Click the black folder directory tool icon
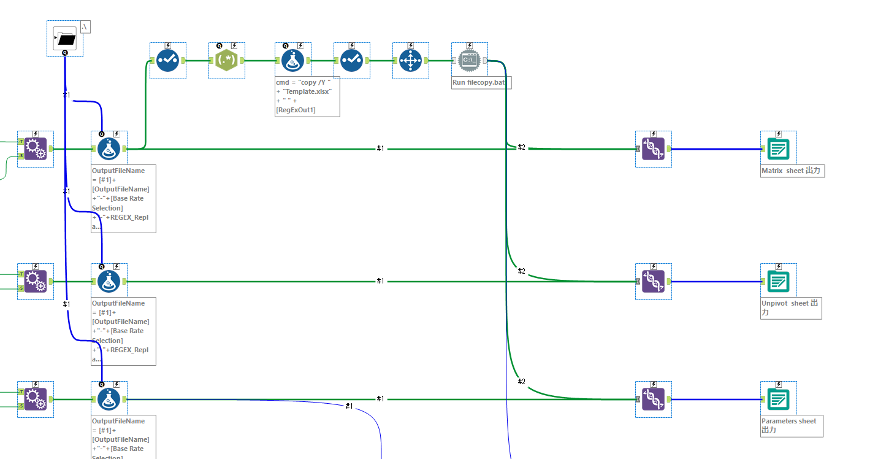[x=65, y=39]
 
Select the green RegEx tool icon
[x=227, y=61]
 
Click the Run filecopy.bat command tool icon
[x=469, y=61]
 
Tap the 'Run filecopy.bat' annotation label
[x=481, y=82]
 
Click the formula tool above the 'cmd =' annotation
[x=293, y=61]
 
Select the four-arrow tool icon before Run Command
[x=410, y=61]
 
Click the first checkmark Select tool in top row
[x=167, y=61]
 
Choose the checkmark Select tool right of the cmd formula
[x=351, y=61]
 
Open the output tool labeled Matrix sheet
[x=778, y=149]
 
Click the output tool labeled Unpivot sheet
[x=778, y=282]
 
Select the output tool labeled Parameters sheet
[x=778, y=399]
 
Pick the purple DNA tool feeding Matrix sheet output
[x=653, y=149]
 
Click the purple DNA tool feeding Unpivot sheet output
[x=653, y=282]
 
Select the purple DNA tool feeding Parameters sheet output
[x=653, y=399]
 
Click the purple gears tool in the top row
[x=36, y=149]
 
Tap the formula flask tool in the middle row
[x=109, y=282]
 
